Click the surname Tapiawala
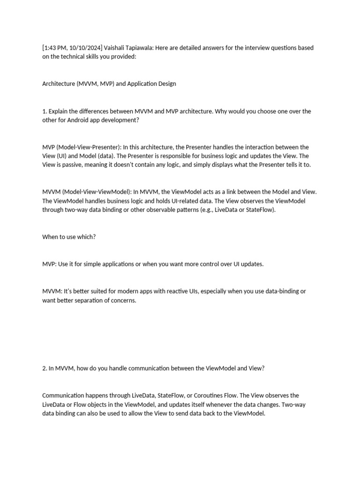pyautogui.click(x=141, y=47)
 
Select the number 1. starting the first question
pyautogui.click(x=45, y=111)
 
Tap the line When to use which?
pyautogui.click(x=69, y=237)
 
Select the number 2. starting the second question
pyautogui.click(x=45, y=368)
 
